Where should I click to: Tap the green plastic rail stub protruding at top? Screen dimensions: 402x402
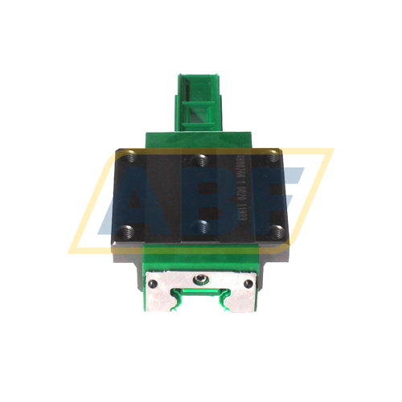tap(199, 100)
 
